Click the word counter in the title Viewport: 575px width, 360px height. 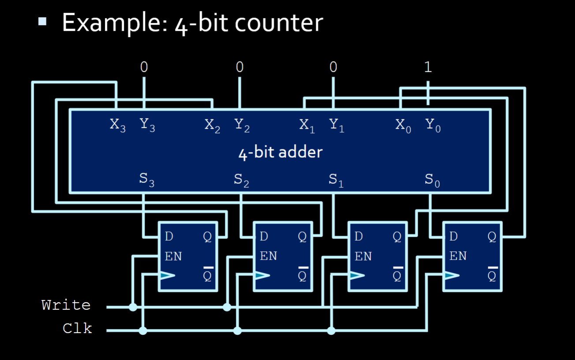(x=279, y=23)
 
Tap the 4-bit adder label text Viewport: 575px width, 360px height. (x=280, y=152)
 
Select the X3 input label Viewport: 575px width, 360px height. (x=117, y=125)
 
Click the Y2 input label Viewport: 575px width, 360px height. (x=242, y=125)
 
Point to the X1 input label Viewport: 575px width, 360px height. (x=307, y=125)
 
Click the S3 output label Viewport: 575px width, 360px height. (x=147, y=180)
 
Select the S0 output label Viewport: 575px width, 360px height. (x=432, y=180)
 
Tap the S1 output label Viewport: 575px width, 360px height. (x=336, y=180)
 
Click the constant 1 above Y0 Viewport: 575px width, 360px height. (x=427, y=67)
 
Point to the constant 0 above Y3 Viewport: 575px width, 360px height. (x=144, y=67)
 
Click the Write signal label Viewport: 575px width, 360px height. (x=66, y=305)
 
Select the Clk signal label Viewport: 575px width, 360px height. (x=77, y=328)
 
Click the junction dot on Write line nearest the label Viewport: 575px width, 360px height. (x=133, y=307)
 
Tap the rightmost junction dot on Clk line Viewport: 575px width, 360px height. (x=331, y=330)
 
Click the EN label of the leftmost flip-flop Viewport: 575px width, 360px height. (x=173, y=256)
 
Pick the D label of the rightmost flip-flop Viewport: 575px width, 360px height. (x=453, y=237)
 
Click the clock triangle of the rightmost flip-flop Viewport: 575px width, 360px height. (x=451, y=276)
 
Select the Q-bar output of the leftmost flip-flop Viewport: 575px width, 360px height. (x=207, y=275)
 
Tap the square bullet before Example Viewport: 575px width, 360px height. (x=42, y=22)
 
